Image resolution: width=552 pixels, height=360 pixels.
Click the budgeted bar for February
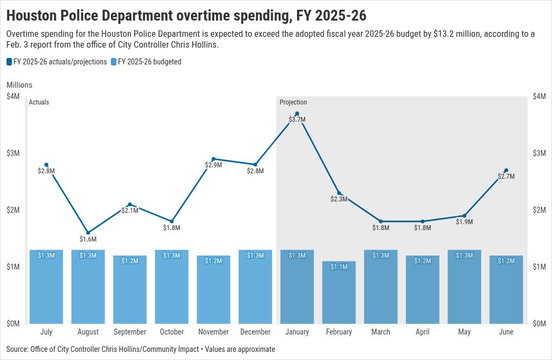[x=339, y=292]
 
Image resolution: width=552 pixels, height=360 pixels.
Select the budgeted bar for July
[x=46, y=287]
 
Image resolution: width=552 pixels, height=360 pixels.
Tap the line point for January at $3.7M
[x=297, y=114]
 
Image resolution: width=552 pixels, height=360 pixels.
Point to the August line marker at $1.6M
[x=88, y=233]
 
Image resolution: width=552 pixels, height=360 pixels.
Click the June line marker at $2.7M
[x=506, y=171]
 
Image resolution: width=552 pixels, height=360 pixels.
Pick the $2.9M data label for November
[x=213, y=165]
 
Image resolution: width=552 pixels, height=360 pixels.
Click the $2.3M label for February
[x=339, y=199]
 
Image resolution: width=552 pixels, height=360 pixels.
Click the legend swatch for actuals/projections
[x=9, y=62]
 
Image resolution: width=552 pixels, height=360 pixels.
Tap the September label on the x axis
[x=130, y=332]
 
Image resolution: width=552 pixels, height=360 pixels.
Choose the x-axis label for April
[x=422, y=332]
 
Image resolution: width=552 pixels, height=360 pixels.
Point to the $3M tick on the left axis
[x=13, y=153]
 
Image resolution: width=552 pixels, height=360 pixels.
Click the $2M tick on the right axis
[x=539, y=210]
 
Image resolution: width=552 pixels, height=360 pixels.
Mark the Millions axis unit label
[x=19, y=85]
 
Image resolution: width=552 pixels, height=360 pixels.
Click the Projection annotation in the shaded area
[x=293, y=102]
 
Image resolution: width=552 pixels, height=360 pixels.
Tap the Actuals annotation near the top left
[x=38, y=102]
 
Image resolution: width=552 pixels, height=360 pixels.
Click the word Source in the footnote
[x=18, y=349]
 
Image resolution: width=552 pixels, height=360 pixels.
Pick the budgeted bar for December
[x=255, y=287]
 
